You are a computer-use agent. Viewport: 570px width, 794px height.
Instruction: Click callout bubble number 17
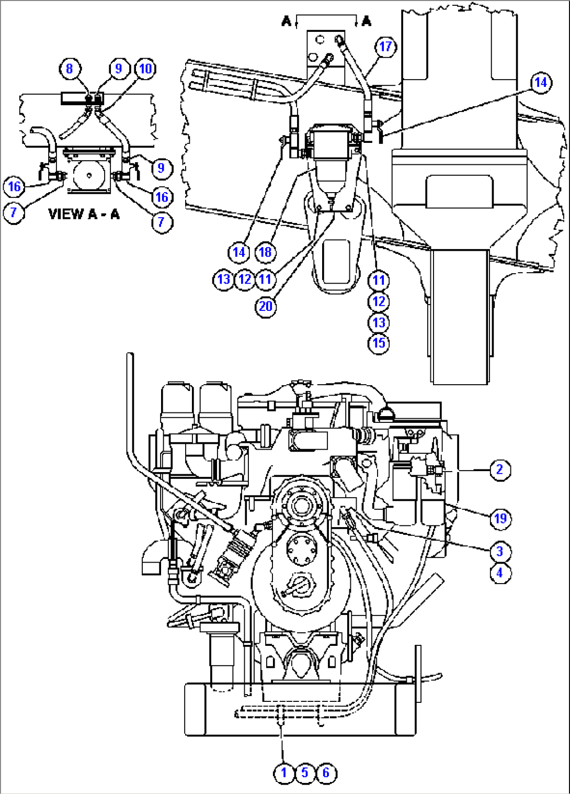click(385, 47)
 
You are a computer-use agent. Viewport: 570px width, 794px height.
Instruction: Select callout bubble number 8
click(70, 69)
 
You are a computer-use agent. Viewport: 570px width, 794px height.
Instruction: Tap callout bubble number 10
click(145, 69)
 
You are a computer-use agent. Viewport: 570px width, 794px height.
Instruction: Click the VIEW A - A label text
click(84, 214)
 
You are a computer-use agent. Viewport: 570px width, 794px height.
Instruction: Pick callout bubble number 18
click(265, 252)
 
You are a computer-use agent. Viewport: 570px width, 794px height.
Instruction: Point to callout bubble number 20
click(266, 306)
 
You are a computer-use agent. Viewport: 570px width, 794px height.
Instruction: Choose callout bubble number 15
click(379, 343)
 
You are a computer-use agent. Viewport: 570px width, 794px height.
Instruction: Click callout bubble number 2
click(499, 469)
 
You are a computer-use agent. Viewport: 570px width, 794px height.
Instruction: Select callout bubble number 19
click(500, 518)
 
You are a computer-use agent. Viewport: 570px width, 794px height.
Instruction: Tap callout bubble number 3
click(499, 551)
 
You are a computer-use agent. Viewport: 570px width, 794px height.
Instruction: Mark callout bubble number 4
click(499, 573)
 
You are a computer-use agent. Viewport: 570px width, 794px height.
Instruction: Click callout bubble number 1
click(284, 773)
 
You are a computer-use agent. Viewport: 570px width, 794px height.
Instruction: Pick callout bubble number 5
click(305, 773)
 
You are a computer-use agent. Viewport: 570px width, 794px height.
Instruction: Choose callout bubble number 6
click(326, 773)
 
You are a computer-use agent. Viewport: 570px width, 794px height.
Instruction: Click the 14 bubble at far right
click(540, 83)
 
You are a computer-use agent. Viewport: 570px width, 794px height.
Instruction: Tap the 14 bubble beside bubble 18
click(239, 252)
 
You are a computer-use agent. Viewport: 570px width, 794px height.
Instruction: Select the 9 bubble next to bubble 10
click(119, 69)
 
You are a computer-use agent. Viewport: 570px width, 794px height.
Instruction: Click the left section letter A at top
click(286, 21)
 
